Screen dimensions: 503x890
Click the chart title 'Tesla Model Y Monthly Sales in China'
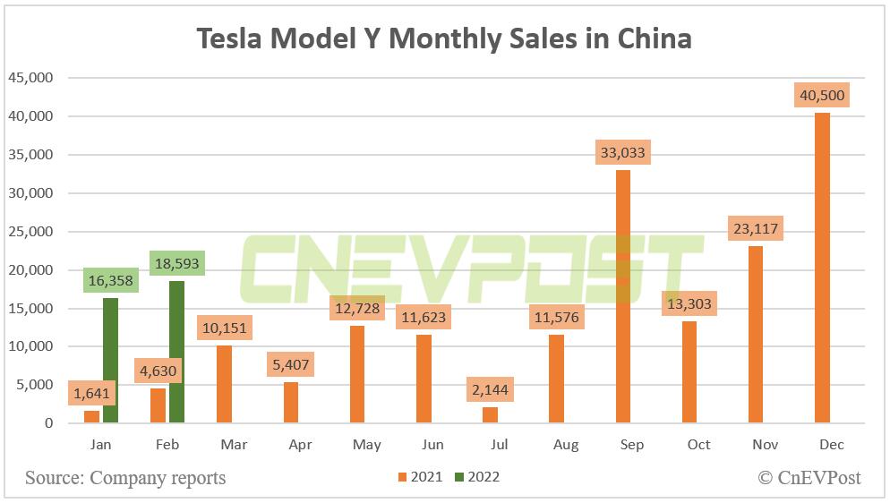coord(444,38)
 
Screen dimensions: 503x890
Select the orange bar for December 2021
coord(822,268)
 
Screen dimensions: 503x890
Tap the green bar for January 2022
coord(110,361)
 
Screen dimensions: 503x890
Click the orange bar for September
coord(623,296)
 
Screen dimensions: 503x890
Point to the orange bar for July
coord(491,415)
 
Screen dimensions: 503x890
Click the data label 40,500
coord(821,96)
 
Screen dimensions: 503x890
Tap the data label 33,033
coord(622,153)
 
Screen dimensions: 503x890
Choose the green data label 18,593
coord(177,265)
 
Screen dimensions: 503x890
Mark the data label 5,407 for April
coord(292,366)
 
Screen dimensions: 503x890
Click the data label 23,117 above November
coord(755,229)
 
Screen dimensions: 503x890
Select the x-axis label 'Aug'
coord(566,445)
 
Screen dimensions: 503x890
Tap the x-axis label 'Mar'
coord(233,445)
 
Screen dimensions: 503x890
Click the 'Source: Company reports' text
coord(125,478)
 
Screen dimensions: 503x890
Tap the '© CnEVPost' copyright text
coord(809,478)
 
